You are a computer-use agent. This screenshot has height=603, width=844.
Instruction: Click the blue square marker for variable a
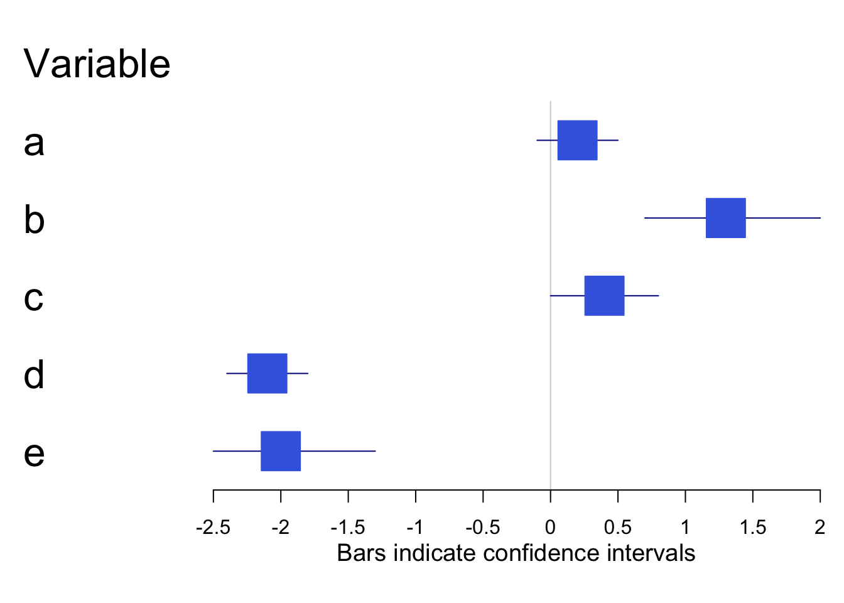[x=577, y=140]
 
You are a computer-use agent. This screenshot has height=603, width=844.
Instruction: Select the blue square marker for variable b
[x=725, y=218]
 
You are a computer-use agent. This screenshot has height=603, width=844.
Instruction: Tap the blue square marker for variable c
[x=604, y=295]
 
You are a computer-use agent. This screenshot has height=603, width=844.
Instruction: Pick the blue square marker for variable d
[x=267, y=373]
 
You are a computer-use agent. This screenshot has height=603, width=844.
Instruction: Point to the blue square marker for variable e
[x=281, y=451]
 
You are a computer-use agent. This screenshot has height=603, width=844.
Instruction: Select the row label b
[x=34, y=220]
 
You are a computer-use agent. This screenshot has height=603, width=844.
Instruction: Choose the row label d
[x=34, y=375]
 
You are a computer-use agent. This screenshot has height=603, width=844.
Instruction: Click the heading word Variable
[x=97, y=64]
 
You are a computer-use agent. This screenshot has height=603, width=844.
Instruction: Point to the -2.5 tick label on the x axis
[x=213, y=528]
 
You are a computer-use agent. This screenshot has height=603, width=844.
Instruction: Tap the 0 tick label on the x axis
[x=550, y=528]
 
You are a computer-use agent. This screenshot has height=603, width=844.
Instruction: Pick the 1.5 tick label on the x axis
[x=752, y=528]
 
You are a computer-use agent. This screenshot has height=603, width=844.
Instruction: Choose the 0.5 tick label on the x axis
[x=618, y=528]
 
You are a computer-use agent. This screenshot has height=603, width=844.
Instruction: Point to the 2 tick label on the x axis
[x=820, y=528]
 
